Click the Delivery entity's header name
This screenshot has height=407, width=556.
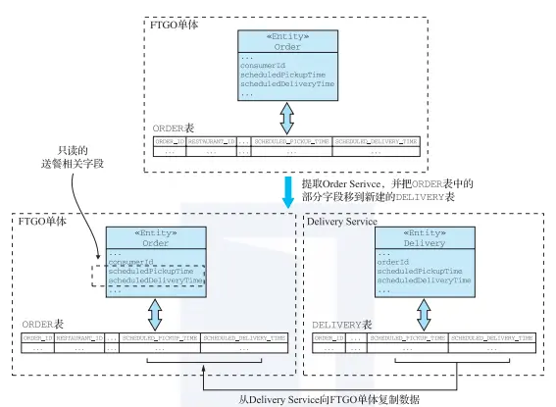pos(425,242)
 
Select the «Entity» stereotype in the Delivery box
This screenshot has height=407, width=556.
pos(425,232)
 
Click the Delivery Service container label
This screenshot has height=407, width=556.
pos(342,221)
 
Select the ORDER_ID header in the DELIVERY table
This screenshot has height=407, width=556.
pos(329,337)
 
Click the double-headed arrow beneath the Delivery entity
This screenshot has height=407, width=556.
pos(424,314)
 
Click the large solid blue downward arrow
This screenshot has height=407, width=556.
pos(287,191)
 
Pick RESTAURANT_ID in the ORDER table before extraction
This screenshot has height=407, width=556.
pos(212,141)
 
